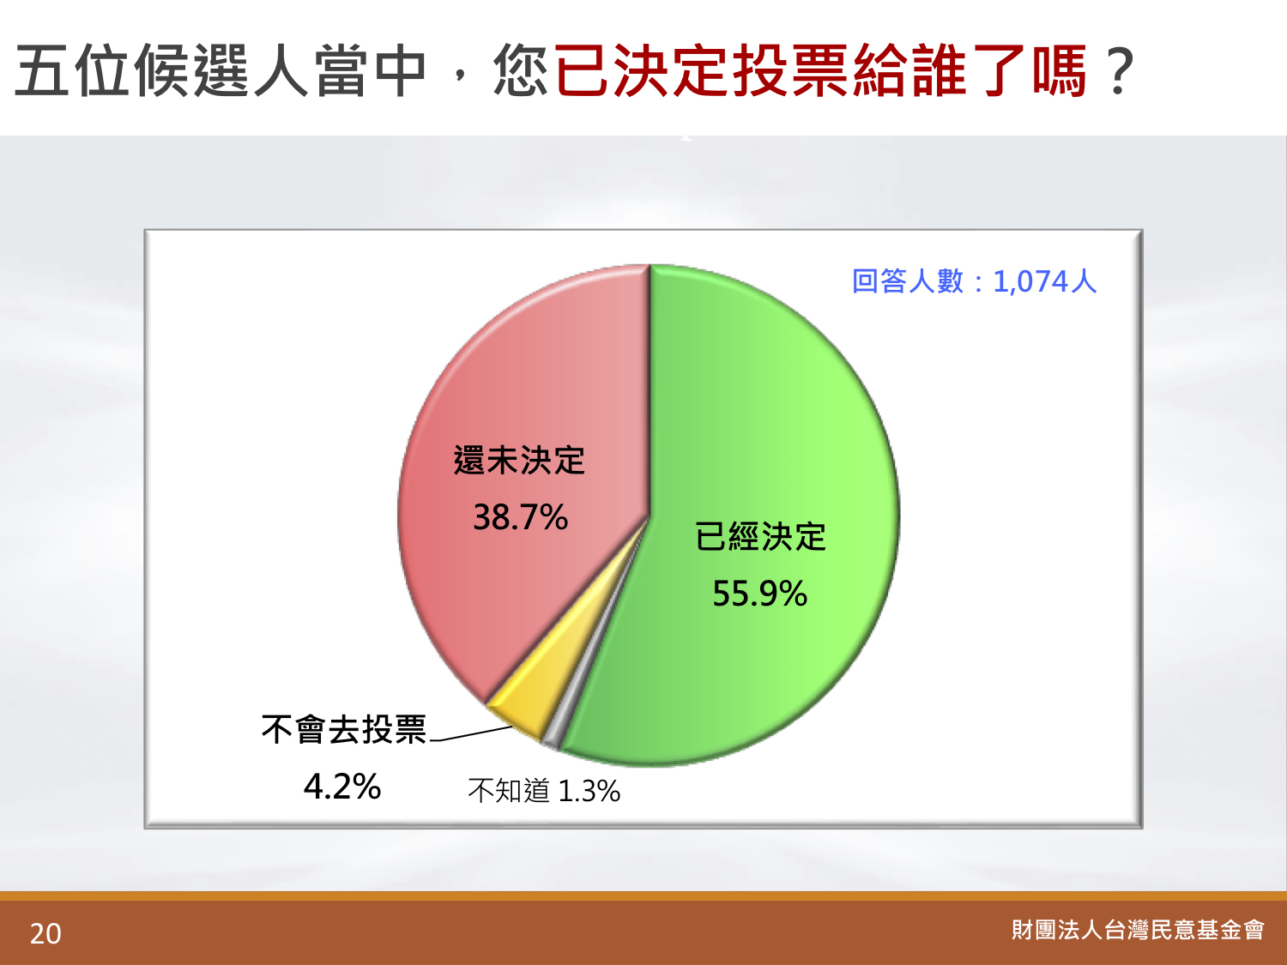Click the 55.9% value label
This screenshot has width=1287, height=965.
coord(759,593)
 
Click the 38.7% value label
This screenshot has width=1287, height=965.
coord(520,517)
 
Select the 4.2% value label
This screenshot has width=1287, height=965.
coord(341,787)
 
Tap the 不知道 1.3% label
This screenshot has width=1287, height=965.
coord(543,791)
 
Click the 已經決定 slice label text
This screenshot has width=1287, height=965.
coord(760,537)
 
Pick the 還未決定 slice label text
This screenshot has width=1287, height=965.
coord(519,460)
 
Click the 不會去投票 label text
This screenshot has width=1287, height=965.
coord(343,730)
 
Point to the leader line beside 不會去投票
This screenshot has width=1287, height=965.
coord(471,733)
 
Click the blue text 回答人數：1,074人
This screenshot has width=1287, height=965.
coord(974,281)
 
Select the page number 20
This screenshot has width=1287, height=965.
coord(45,934)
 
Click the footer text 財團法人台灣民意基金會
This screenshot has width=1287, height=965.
coord(1138,930)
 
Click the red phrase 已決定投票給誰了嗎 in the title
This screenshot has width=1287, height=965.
coord(820,70)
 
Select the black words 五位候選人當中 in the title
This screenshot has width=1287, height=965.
coord(221,70)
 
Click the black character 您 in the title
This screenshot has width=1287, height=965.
coord(522,70)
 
